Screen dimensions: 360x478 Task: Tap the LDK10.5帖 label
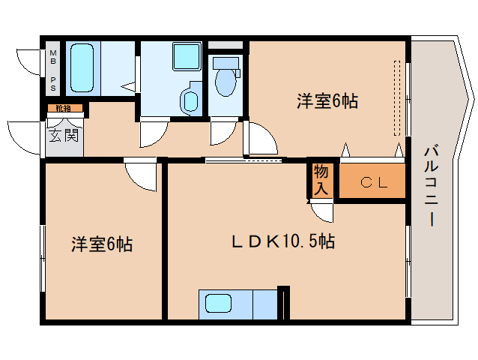pos(282,241)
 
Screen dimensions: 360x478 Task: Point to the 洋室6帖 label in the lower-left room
pos(102,244)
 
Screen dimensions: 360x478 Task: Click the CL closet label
pos(373,181)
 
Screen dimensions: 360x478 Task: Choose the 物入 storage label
pos(321,181)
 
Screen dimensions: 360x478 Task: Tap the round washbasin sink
pos(190,100)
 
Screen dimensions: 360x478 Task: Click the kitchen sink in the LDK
pos(218,304)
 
